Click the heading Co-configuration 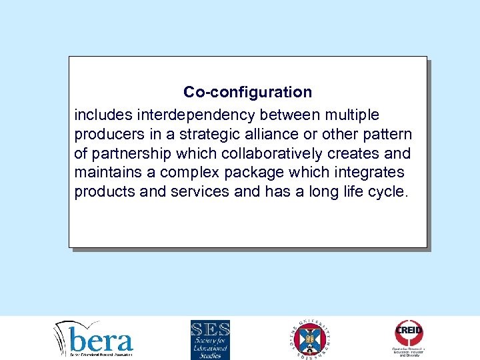pyautogui.click(x=247, y=91)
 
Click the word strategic pyautogui.click(x=207, y=135)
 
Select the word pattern pyautogui.click(x=388, y=135)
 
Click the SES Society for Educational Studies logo pyautogui.click(x=210, y=339)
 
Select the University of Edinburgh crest pyautogui.click(x=312, y=339)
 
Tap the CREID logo pyautogui.click(x=409, y=337)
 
